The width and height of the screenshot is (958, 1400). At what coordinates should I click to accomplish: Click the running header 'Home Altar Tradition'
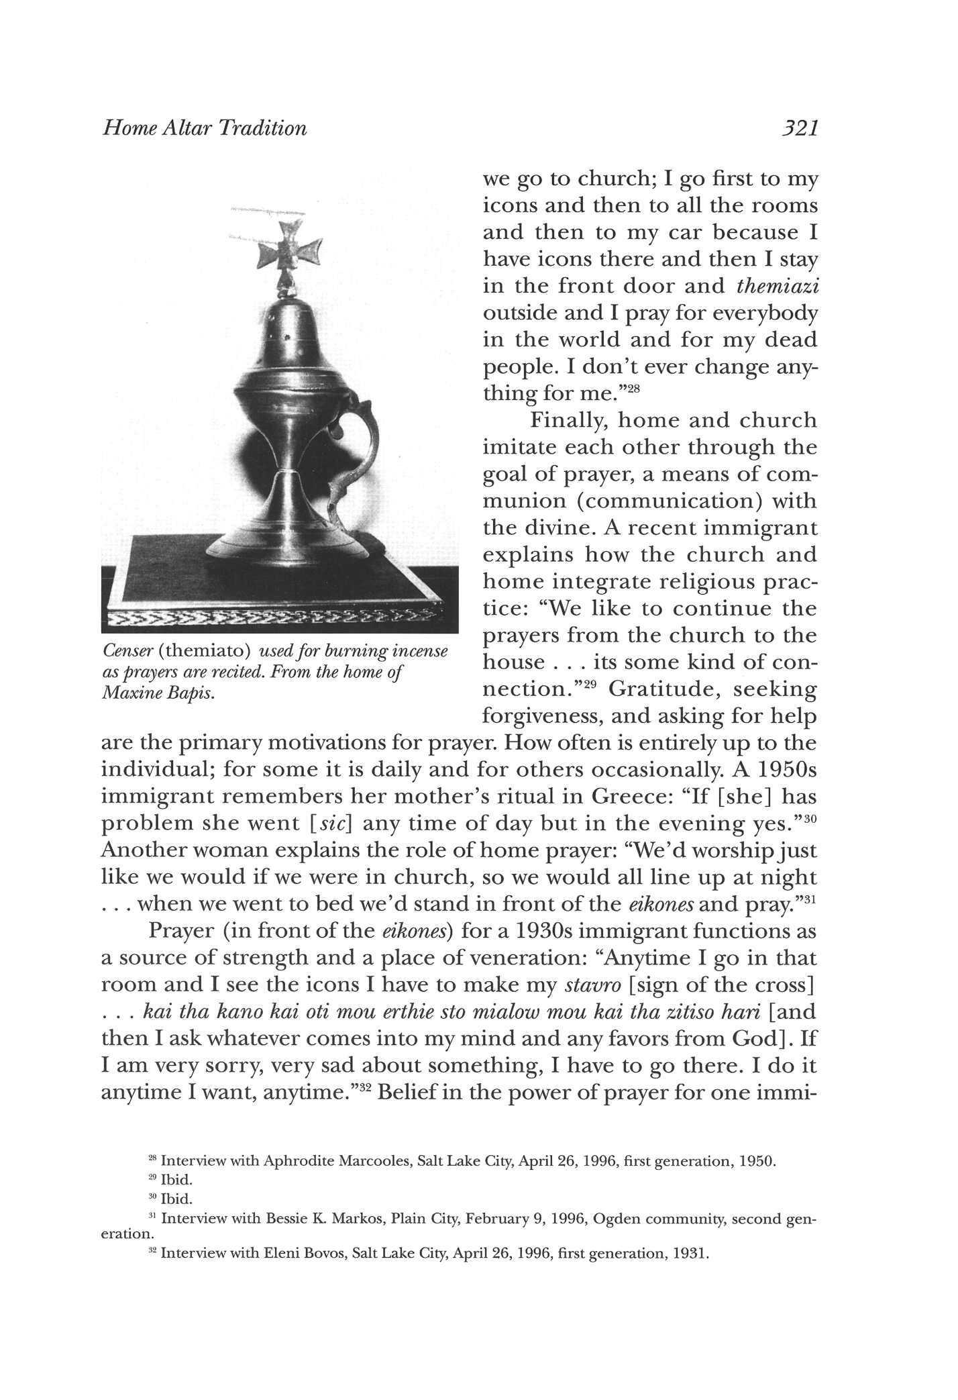[x=204, y=128]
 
